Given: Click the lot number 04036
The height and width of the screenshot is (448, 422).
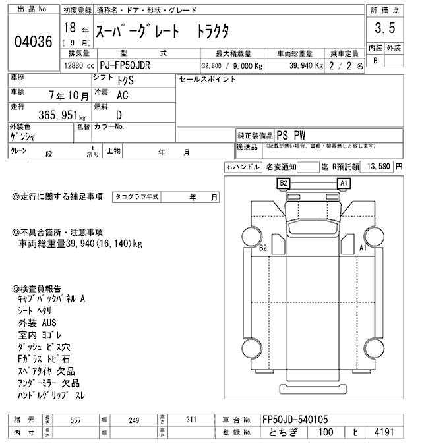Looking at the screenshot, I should (33, 42).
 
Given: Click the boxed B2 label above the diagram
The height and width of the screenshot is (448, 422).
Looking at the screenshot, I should (284, 183).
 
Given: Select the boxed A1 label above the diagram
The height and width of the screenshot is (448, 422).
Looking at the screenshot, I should (343, 183).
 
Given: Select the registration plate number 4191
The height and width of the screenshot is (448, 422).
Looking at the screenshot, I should (384, 433).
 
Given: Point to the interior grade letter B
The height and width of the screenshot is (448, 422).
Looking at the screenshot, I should (375, 60).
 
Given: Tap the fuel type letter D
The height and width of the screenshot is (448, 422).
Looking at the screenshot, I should (120, 113).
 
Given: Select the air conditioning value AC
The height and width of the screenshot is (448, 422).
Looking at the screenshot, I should (122, 95).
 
